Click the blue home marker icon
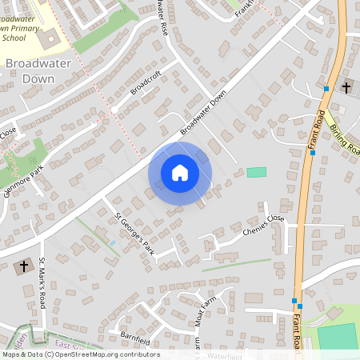pos(179,173)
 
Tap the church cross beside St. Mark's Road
pos(23,266)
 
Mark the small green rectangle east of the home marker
pos(256,172)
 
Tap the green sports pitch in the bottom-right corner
pos(336,336)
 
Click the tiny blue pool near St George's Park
pos(113,243)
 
